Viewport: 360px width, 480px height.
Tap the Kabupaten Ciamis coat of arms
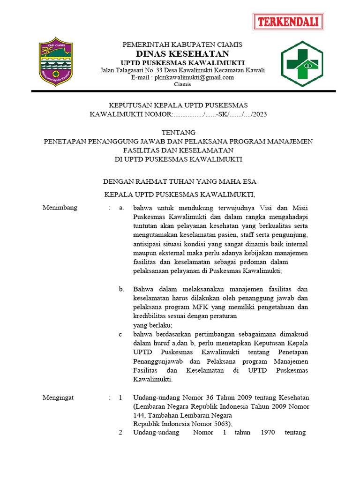55,61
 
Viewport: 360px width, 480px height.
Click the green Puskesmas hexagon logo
302,64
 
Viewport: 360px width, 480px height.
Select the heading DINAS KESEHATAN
182,54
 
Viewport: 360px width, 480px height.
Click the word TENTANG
178,133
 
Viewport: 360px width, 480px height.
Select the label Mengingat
59,397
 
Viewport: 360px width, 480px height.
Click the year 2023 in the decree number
259,114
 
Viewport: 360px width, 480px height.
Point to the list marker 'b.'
121,289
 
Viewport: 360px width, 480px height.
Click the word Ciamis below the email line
182,84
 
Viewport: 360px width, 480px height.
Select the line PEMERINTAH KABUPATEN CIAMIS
182,45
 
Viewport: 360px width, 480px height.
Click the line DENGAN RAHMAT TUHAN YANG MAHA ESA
180,181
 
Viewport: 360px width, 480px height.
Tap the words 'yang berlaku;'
153,325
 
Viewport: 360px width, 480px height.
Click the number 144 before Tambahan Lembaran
139,415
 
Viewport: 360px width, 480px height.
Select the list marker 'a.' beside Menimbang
121,208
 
